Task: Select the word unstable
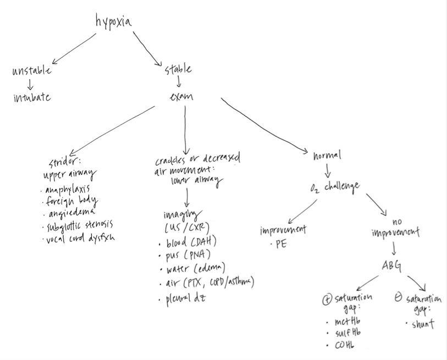point(32,71)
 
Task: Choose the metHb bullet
point(347,323)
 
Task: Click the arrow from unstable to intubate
point(30,84)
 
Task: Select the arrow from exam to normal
point(264,126)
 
